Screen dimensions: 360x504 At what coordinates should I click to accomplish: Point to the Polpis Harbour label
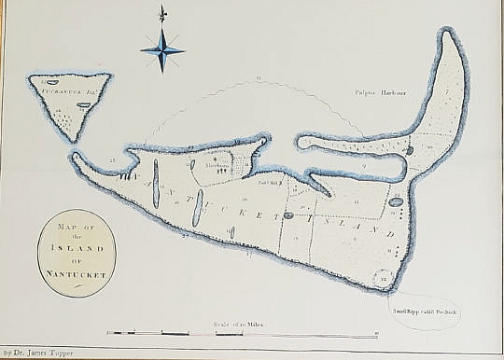pyautogui.click(x=375, y=92)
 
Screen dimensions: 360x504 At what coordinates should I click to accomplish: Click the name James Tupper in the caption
pyautogui.click(x=44, y=353)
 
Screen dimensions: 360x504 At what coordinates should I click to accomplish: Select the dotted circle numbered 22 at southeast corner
pyautogui.click(x=385, y=278)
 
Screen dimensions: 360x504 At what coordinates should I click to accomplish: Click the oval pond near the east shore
pyautogui.click(x=396, y=201)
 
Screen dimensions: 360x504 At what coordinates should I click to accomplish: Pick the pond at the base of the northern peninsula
pyautogui.click(x=410, y=149)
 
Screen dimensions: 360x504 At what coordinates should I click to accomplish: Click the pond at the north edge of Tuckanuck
pyautogui.click(x=51, y=83)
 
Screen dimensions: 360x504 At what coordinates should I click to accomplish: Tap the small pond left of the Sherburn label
pyautogui.click(x=193, y=164)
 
